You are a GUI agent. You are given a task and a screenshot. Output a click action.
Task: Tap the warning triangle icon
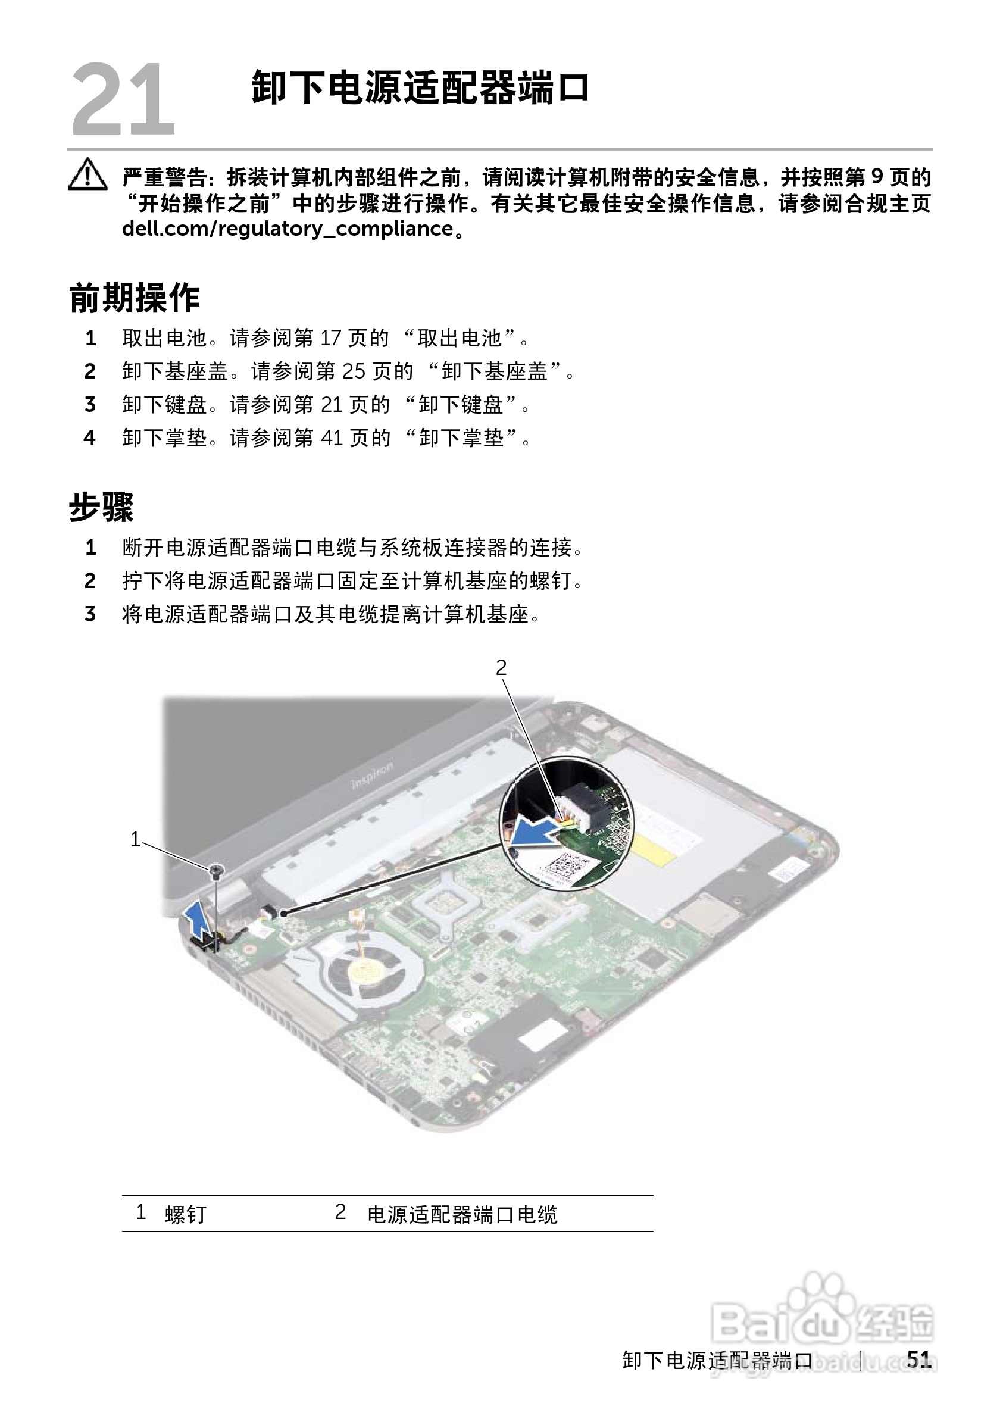(x=87, y=176)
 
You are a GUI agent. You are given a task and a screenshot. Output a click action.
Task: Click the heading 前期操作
(x=134, y=299)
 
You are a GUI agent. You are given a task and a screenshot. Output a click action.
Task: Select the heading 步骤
(x=101, y=507)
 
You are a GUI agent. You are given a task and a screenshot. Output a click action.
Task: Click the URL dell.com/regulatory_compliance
(x=288, y=229)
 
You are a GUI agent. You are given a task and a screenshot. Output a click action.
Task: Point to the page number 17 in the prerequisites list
(x=331, y=338)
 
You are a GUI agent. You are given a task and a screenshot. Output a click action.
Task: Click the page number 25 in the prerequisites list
(x=354, y=371)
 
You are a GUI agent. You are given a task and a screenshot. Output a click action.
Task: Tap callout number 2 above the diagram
(x=501, y=667)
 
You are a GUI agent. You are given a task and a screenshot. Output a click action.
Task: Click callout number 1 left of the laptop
(x=135, y=839)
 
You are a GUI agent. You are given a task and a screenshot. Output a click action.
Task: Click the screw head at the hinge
(x=215, y=871)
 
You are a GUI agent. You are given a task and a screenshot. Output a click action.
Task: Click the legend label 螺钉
(x=185, y=1214)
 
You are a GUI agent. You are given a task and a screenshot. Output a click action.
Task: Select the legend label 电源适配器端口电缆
(x=462, y=1214)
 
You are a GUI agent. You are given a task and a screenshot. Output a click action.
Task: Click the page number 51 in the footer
(x=918, y=1358)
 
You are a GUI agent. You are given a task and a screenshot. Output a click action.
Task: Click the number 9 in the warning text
(x=876, y=177)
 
